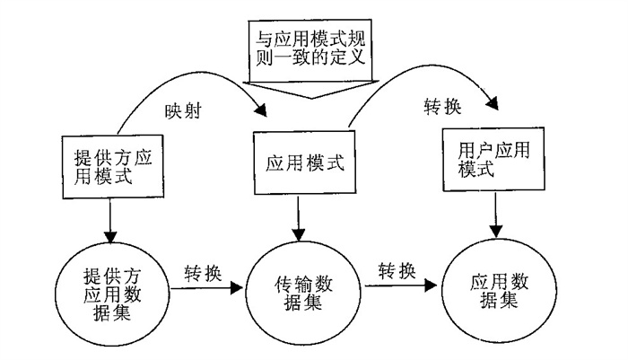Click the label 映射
[x=183, y=110]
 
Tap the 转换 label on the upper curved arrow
[x=442, y=106]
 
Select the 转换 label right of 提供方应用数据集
[x=203, y=274]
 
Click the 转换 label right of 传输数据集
[x=397, y=271]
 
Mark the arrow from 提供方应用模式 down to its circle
[x=109, y=221]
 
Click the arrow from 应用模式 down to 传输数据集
[x=298, y=217]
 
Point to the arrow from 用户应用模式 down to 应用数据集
[x=496, y=215]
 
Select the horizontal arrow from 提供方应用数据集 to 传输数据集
[x=206, y=288]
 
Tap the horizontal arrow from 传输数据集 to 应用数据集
[x=401, y=285]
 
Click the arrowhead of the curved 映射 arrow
[x=261, y=110]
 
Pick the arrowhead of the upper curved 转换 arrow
[x=493, y=103]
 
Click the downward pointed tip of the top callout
[x=311, y=98]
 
